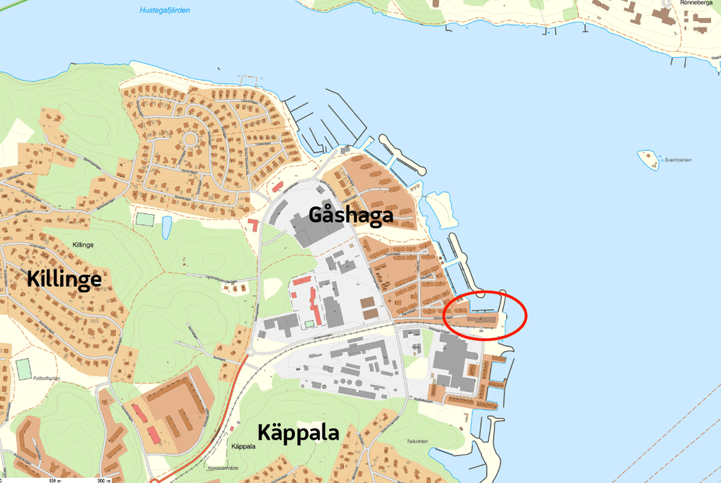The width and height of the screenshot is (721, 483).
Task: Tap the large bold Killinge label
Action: click(x=64, y=279)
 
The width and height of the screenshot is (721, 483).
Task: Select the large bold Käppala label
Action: click(x=298, y=434)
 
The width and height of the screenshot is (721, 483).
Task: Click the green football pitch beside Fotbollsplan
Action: click(x=25, y=368)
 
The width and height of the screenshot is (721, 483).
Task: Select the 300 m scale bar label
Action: click(x=104, y=480)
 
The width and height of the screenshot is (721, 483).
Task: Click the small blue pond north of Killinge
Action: click(x=167, y=228)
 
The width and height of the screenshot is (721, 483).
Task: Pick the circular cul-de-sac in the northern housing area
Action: click(x=191, y=138)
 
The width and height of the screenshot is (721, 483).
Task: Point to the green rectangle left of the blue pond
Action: click(x=146, y=218)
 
